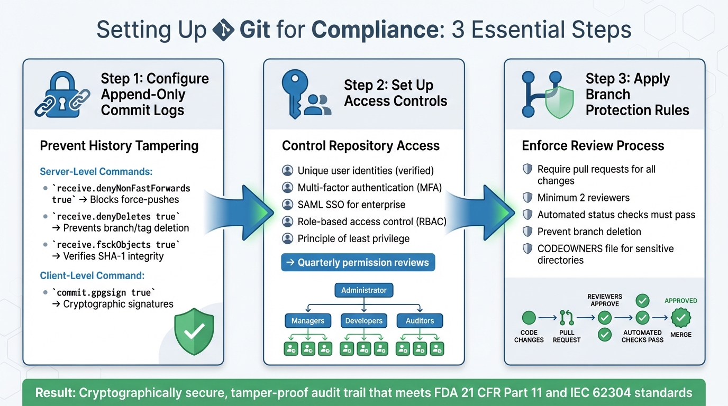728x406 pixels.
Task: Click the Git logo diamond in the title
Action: coord(223,30)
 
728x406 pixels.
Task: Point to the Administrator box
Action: coord(363,290)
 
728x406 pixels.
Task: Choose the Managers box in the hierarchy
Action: coord(307,320)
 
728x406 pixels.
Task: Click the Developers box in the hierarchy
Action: coord(363,320)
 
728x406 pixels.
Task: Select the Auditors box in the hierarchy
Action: coord(420,320)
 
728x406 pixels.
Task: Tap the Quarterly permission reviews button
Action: coord(358,263)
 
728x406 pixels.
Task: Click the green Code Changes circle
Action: coord(529,318)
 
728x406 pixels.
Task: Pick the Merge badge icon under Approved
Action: coord(681,318)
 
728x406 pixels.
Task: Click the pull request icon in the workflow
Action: coord(567,318)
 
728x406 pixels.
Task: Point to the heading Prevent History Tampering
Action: coord(119,146)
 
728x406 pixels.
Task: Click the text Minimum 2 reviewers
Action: coord(576,198)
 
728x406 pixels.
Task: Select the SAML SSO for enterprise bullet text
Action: coord(351,205)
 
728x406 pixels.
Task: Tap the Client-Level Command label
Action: coord(92,275)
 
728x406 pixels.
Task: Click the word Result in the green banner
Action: coord(54,393)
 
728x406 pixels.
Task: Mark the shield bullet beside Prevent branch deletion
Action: coord(527,232)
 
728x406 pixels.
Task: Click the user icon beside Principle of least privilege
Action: coord(287,238)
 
